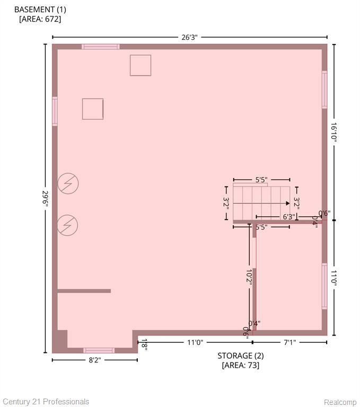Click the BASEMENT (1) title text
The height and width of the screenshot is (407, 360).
tap(40, 10)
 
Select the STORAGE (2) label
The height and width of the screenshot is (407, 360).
tap(241, 356)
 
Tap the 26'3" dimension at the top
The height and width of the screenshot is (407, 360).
tap(189, 38)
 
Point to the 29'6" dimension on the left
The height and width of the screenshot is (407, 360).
tap(45, 199)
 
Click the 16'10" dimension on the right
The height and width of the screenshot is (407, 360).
tap(334, 132)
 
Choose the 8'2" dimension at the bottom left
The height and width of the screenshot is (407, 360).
tap(95, 360)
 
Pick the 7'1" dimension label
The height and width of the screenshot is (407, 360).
tap(289, 342)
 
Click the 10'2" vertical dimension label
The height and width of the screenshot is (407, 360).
tap(249, 277)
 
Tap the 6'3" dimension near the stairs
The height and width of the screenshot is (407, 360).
tap(289, 217)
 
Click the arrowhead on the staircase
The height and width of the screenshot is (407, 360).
tap(288, 203)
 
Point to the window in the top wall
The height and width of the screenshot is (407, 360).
tap(101, 47)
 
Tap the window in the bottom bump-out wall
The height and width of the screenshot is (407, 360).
tap(99, 350)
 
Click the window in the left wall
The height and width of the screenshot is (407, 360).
tap(55, 111)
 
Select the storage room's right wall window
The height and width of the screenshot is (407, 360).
tap(324, 286)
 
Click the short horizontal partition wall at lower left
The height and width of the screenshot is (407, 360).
tap(84, 291)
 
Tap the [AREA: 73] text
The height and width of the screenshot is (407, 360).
tap(241, 365)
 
